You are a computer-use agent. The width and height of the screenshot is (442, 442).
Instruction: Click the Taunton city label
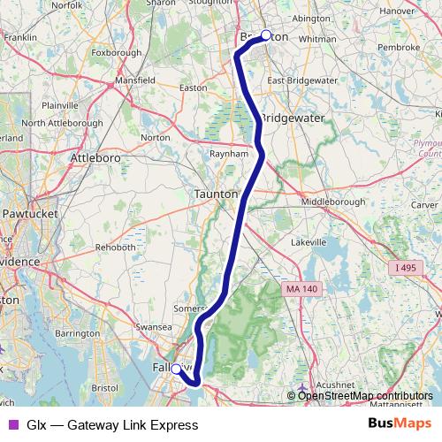click(x=217, y=194)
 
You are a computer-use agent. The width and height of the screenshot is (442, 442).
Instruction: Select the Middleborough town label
click(x=333, y=202)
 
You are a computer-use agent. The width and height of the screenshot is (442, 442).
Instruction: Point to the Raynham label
click(x=226, y=153)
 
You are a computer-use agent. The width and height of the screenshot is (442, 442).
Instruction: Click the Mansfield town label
click(x=135, y=80)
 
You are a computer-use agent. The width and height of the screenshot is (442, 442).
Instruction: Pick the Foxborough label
click(x=116, y=52)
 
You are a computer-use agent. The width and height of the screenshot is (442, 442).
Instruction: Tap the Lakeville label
click(x=308, y=241)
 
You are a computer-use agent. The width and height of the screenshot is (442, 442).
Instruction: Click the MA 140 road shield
click(x=301, y=289)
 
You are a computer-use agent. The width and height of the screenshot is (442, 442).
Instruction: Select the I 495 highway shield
click(x=405, y=267)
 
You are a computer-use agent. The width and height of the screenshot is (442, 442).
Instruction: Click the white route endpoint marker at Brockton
click(x=266, y=35)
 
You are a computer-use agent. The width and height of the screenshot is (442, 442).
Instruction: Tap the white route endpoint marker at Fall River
click(x=175, y=369)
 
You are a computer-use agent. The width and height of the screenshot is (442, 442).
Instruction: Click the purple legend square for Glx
click(x=11, y=425)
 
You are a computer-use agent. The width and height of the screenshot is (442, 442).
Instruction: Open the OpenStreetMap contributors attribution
click(x=364, y=396)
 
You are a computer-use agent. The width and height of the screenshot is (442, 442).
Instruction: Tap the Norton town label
click(x=155, y=138)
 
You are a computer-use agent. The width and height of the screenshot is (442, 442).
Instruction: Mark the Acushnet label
click(x=335, y=385)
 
